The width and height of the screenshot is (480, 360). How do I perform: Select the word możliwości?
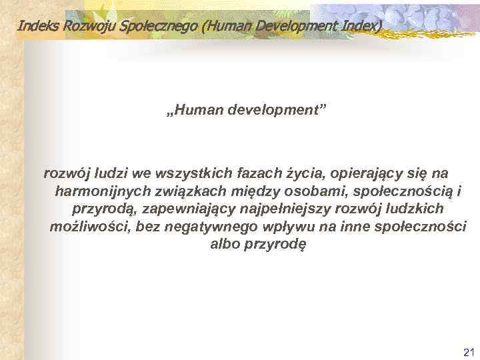tap(89, 227)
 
